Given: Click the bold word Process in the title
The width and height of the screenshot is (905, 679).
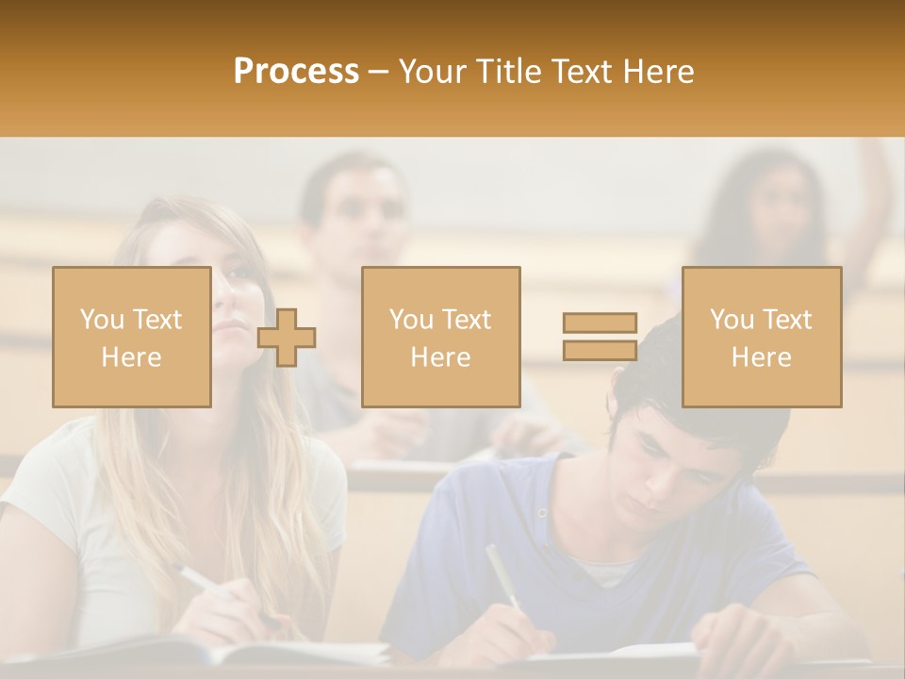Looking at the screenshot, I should coord(296,72).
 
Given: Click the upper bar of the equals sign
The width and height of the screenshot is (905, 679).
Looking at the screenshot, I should coord(600,323).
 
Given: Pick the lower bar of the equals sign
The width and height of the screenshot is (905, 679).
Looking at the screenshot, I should coord(600,351).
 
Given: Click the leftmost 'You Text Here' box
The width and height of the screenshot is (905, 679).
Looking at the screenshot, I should coord(132,337).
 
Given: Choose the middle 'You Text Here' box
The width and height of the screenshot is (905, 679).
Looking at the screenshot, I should coord(441,337).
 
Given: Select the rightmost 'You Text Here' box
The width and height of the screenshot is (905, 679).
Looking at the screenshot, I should coord(762,337).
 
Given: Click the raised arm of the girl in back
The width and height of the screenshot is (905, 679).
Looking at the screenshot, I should coord(873,198).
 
